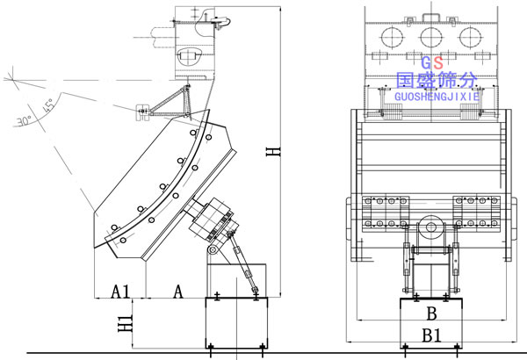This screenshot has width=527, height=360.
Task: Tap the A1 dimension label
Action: pos(120,290)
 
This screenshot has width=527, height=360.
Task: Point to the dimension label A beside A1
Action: pos(178,290)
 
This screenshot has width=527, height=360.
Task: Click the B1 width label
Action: pos(430,334)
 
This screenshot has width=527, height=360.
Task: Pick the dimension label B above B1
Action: pos(430,313)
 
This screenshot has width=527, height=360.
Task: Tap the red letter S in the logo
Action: pos(438,63)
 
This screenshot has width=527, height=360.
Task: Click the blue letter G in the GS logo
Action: pos(426,63)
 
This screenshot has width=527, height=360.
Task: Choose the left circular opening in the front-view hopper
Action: pos(389,37)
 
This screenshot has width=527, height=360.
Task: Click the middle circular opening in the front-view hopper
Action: pos(430,37)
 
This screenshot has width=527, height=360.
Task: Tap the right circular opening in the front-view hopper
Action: pos(472,37)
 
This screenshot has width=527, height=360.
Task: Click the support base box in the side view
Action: pos(235,325)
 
